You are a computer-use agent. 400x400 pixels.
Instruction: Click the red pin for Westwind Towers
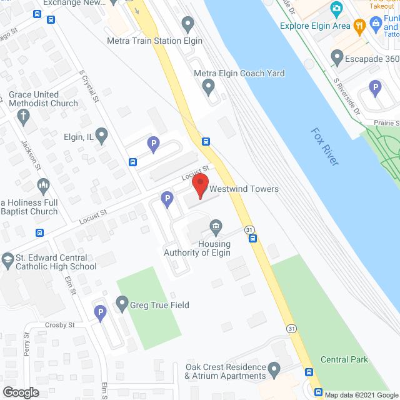tap(199, 186)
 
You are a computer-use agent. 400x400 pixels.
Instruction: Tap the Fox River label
tap(325, 147)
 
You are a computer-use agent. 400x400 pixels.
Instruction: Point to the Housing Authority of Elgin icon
tap(216, 226)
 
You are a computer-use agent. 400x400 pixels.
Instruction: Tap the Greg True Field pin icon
tap(122, 304)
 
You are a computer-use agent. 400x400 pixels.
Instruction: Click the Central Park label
tap(344, 359)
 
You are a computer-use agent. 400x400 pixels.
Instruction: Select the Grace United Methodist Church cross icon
tap(23, 116)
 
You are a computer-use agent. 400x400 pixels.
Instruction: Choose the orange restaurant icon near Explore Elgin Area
tap(359, 26)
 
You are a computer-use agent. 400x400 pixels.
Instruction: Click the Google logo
tap(20, 392)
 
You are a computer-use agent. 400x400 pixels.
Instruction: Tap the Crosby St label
tap(59, 325)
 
